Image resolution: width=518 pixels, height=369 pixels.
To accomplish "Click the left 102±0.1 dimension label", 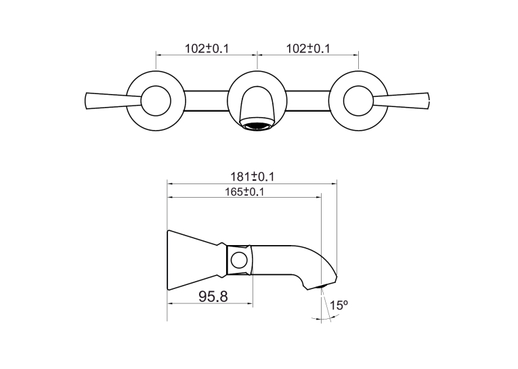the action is pos(207,49).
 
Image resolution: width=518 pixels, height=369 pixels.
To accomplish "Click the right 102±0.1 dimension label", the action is pos(308,49).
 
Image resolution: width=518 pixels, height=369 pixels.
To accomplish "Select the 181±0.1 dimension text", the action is pos(252,177).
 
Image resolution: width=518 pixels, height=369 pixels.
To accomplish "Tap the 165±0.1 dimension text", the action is pos(244,192).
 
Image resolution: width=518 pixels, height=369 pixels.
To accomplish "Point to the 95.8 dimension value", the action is pos(213,297).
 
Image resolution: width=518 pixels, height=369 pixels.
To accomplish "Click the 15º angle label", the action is pos(339,305).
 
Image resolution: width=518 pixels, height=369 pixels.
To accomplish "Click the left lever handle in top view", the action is pos(113,100).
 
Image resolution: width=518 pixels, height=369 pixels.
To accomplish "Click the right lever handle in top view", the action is pos(402,100).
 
